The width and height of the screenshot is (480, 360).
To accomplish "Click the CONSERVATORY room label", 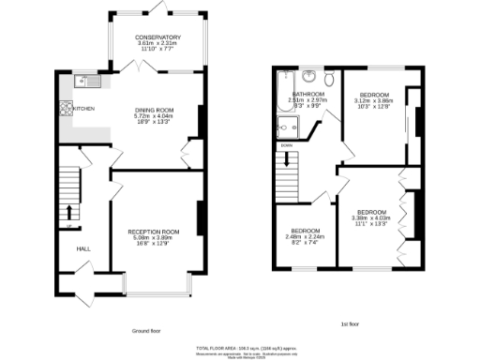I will tap(157, 37).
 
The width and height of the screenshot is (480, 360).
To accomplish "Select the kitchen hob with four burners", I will tap(67, 108).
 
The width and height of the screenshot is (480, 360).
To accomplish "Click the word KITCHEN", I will tap(84, 109).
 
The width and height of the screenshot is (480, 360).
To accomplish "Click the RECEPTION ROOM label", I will tap(153, 231).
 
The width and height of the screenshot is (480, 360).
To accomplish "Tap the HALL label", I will tap(82, 248).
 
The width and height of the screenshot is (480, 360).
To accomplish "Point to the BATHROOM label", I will tap(307, 95).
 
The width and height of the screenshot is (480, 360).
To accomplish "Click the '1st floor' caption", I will tap(351, 324).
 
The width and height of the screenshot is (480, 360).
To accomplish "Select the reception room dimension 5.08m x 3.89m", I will tap(153, 237).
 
